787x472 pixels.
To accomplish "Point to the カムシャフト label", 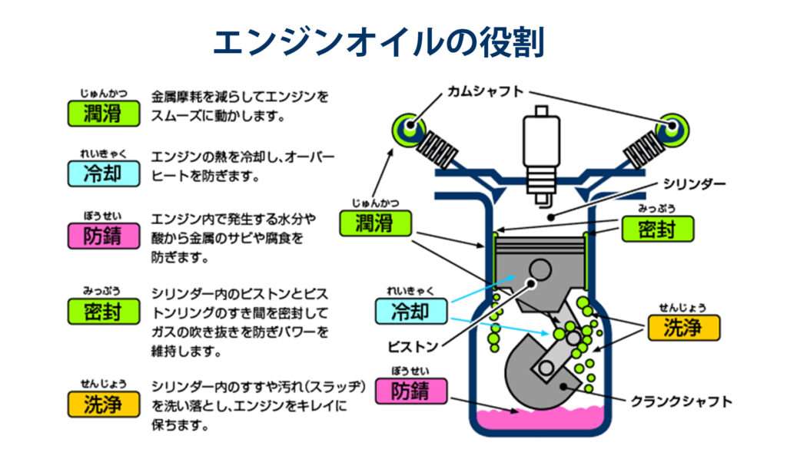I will (486, 91).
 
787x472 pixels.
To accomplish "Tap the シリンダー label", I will (694, 184).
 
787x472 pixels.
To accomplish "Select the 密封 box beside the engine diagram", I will (656, 228).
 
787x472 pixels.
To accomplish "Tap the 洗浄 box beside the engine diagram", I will (683, 328).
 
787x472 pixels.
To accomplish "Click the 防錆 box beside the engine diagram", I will (411, 391).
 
